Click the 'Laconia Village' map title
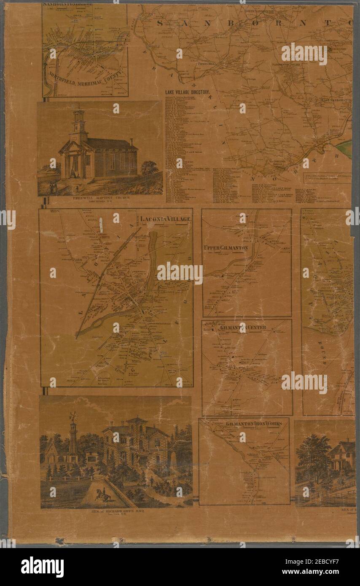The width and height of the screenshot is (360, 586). [166, 219]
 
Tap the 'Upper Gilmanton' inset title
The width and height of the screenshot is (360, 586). [225, 248]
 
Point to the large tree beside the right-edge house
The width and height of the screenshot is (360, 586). [313, 455]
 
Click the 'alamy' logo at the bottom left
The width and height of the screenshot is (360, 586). [42, 566]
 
